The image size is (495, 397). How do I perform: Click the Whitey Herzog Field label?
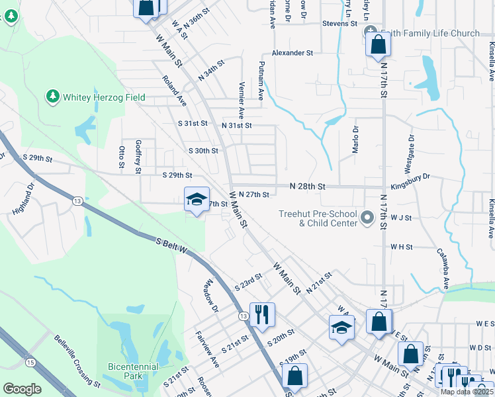[x=104, y=97]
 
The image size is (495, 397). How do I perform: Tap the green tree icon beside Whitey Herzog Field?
[x=53, y=97]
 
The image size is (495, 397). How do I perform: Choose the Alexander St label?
[x=292, y=53]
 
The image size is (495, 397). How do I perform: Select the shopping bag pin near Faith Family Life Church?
[x=378, y=44]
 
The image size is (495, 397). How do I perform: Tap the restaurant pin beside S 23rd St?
[x=262, y=314]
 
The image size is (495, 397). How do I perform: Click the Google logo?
[x=22, y=388]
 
